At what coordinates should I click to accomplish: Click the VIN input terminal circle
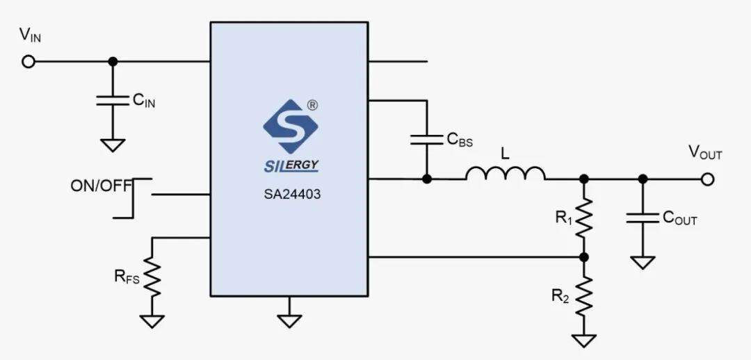(29, 62)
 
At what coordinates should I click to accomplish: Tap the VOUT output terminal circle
(707, 179)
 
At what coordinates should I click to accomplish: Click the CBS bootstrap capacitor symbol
(426, 139)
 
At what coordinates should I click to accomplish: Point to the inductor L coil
(505, 173)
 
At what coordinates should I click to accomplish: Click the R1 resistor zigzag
(584, 218)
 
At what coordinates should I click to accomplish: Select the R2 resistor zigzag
(584, 295)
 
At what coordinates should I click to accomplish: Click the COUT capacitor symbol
(643, 218)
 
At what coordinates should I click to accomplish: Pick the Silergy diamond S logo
(291, 126)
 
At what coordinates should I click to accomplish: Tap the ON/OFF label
(101, 186)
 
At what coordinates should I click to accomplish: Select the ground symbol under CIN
(113, 145)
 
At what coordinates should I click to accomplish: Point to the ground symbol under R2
(584, 341)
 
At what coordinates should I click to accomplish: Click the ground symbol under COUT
(643, 263)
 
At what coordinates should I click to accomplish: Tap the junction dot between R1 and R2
(584, 257)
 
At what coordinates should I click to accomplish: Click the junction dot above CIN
(113, 62)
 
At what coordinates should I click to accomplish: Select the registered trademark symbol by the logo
(312, 105)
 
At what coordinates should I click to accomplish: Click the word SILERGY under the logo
(291, 165)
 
